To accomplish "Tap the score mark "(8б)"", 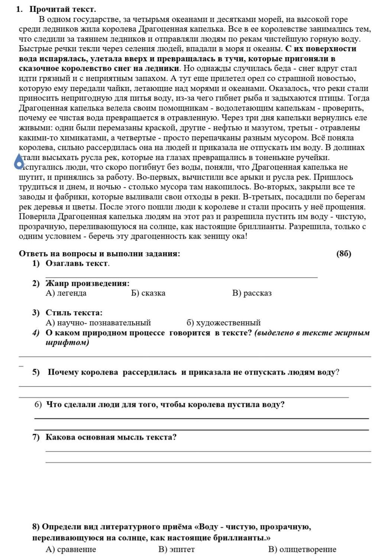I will (x=343, y=254).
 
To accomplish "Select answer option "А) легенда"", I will (x=66, y=293).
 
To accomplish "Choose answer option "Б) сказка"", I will (x=148, y=293).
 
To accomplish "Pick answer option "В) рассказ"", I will (x=252, y=293).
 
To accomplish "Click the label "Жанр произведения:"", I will (x=87, y=283).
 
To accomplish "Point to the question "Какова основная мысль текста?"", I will (x=111, y=437).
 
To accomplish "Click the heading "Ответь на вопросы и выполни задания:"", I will (x=100, y=254).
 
